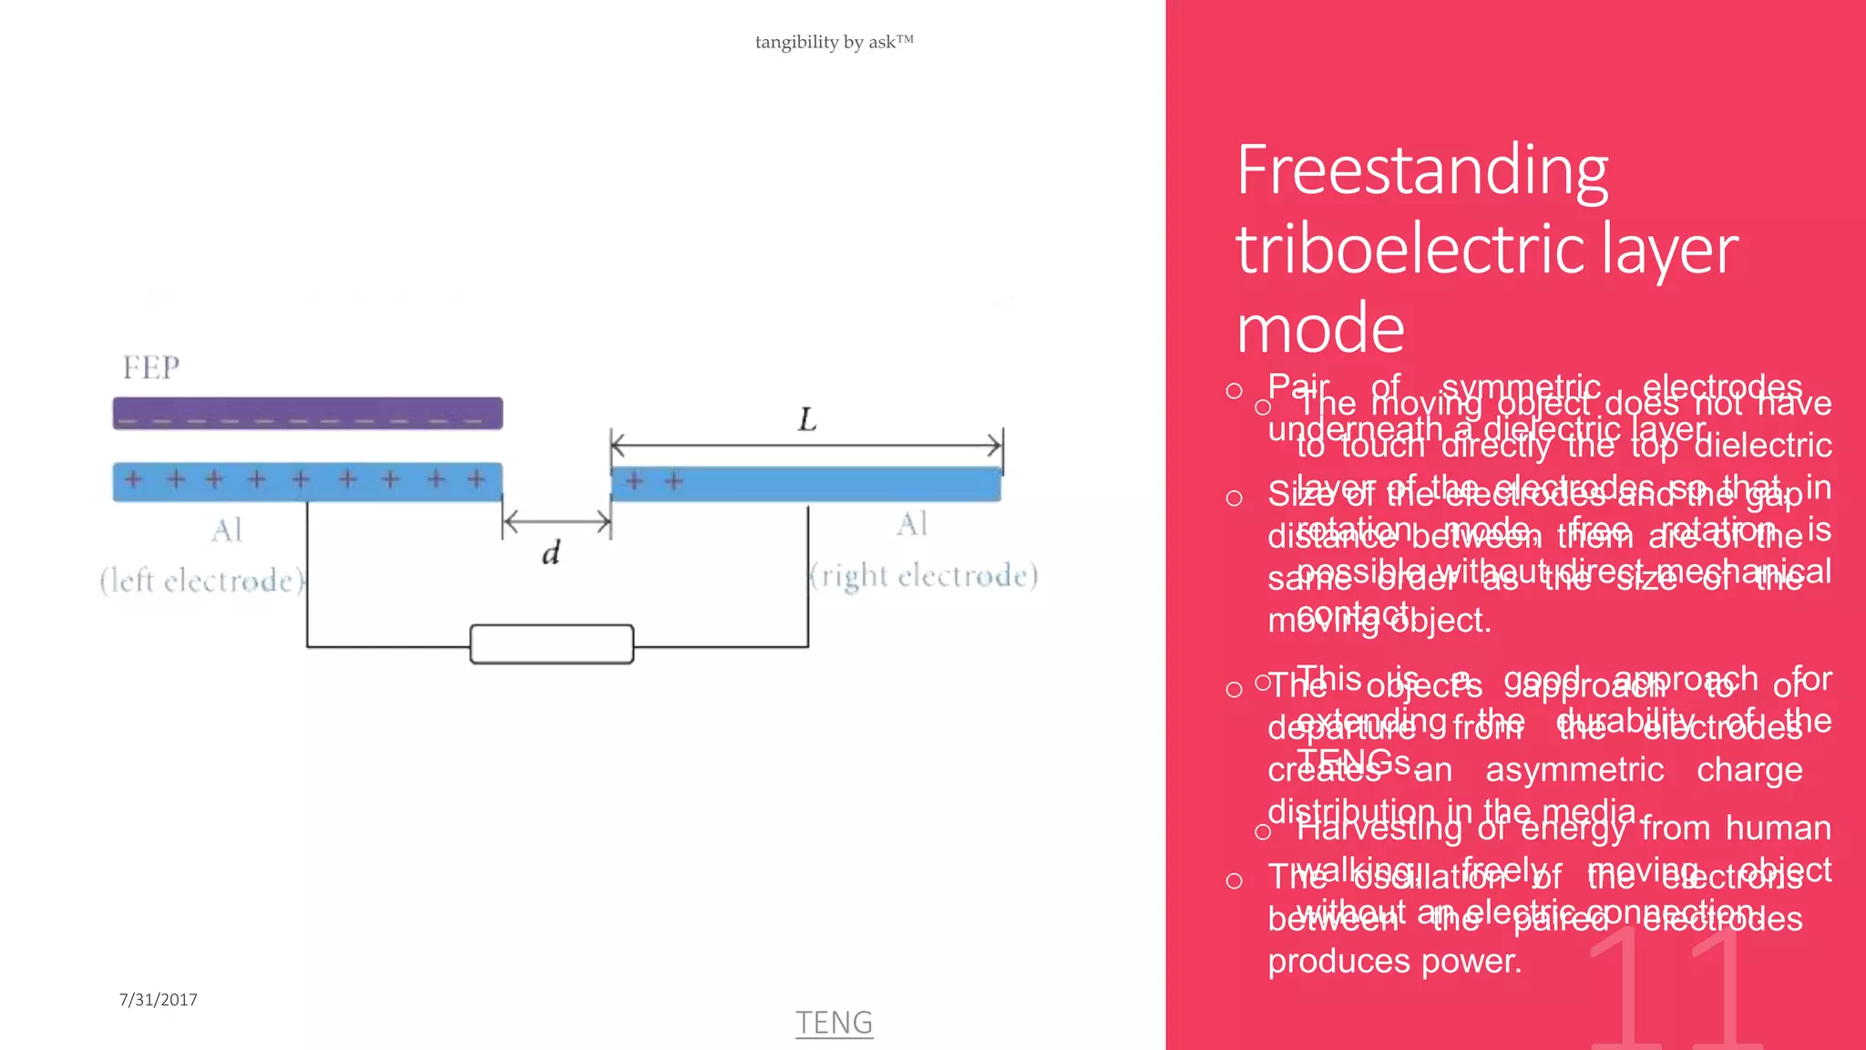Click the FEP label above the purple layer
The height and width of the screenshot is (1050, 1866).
click(x=151, y=367)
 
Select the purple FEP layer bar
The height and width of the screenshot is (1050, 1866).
click(x=307, y=413)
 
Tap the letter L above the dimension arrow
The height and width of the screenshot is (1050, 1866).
click(x=807, y=420)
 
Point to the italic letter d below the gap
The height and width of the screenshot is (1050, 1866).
click(x=550, y=552)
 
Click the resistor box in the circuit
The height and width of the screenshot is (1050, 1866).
click(x=551, y=644)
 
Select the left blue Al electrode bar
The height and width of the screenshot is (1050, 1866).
click(x=307, y=481)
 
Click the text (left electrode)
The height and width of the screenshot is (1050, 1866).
click(x=202, y=581)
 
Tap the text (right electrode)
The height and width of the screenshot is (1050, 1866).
click(x=924, y=575)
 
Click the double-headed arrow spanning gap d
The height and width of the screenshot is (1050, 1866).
click(x=556, y=521)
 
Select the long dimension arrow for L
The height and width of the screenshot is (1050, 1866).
click(x=806, y=446)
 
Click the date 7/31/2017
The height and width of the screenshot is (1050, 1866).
click(x=158, y=1000)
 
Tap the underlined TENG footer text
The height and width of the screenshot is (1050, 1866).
click(x=834, y=1023)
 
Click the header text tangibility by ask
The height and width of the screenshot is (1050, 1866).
click(x=834, y=42)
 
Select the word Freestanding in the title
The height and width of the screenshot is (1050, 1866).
click(x=1421, y=171)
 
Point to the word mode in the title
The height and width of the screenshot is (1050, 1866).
click(x=1320, y=328)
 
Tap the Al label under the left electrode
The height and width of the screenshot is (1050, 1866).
click(x=226, y=530)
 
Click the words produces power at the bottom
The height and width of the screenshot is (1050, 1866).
click(x=1394, y=962)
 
